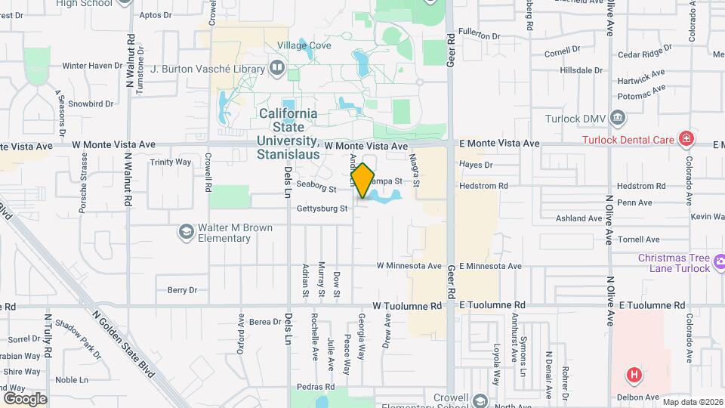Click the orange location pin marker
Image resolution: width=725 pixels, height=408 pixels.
click(x=363, y=180)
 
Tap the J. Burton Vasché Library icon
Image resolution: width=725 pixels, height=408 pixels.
click(x=276, y=70)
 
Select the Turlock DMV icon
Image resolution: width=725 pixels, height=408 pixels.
click(x=618, y=118)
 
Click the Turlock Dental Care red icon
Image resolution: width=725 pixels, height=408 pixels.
click(x=686, y=139)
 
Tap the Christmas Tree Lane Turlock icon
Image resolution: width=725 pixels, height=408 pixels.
click(x=720, y=264)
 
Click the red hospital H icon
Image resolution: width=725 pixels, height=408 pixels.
click(x=635, y=374)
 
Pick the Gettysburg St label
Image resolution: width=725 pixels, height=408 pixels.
click(x=322, y=209)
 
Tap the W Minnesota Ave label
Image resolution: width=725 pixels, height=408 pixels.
click(x=409, y=266)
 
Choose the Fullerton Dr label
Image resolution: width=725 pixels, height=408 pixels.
click(x=479, y=36)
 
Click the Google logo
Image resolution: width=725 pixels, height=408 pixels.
click(x=25, y=398)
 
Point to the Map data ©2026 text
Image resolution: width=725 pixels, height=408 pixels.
click(x=693, y=401)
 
